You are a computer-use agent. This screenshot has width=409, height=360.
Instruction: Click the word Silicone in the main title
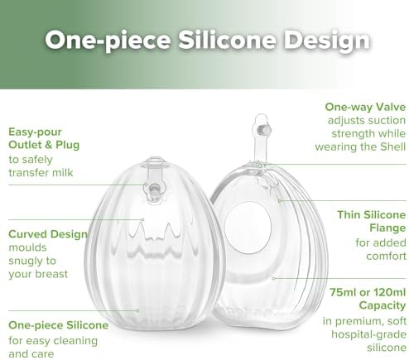click(227, 40)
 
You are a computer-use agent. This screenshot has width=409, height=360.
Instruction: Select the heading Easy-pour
click(35, 132)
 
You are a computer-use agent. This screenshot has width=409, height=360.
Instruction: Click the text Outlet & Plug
click(44, 145)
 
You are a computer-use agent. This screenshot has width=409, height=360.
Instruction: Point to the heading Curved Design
click(48, 234)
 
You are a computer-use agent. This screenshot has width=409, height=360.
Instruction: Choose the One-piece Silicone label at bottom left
click(59, 325)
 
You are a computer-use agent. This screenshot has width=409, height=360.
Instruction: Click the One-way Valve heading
click(365, 107)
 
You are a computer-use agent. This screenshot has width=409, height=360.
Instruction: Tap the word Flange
click(387, 228)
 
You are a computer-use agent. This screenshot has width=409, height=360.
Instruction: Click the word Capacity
click(383, 305)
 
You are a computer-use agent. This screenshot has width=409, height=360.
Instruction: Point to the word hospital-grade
click(368, 334)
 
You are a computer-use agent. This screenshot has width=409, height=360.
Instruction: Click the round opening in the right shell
click(248, 228)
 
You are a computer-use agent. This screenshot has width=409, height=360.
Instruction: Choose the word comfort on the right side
click(387, 257)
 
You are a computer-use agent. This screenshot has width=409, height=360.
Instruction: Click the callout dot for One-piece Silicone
click(137, 310)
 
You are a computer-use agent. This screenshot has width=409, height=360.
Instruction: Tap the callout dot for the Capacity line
click(273, 279)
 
